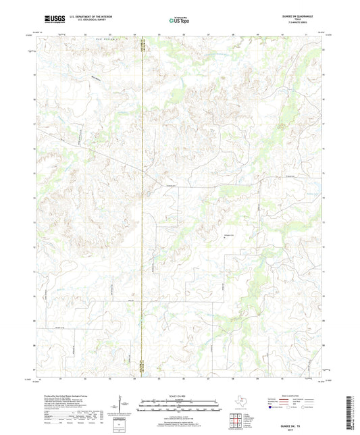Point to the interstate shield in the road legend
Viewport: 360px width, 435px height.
(271, 407)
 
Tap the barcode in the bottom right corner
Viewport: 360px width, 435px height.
(351, 412)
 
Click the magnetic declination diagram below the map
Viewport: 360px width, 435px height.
(124, 405)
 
